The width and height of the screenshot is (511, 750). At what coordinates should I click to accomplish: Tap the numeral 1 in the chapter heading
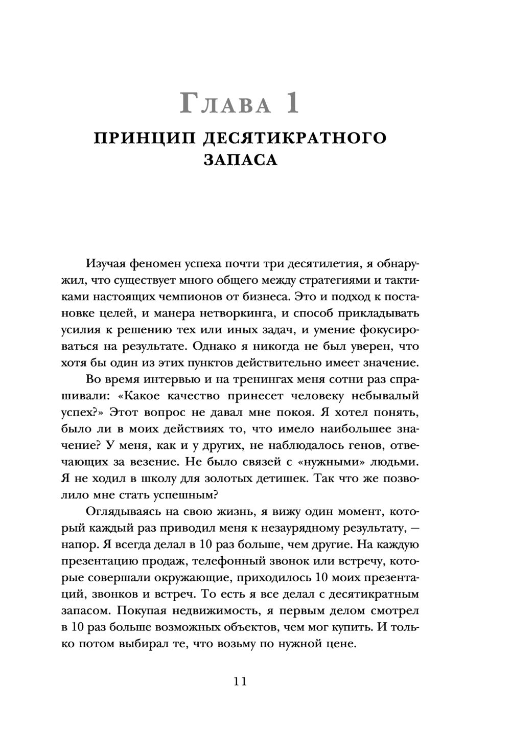click(x=292, y=104)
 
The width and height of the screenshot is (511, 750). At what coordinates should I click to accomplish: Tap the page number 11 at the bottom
click(x=240, y=682)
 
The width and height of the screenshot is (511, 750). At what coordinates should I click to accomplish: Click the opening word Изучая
click(x=107, y=264)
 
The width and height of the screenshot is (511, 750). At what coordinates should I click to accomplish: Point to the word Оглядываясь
click(x=123, y=512)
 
